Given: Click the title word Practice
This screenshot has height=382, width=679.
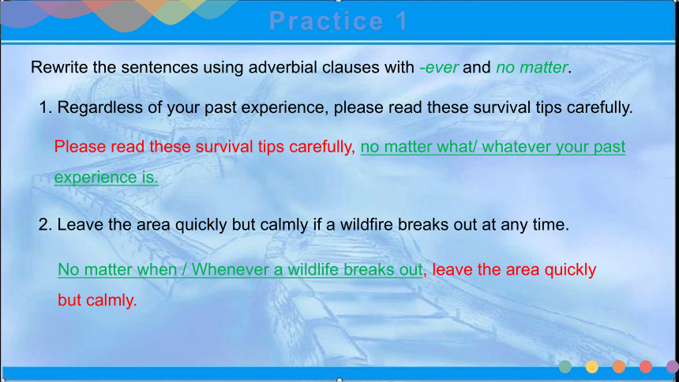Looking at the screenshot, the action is tap(326, 21).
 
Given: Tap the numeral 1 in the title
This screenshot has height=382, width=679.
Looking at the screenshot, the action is tap(402, 21).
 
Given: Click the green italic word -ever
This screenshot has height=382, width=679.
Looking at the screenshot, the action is tap(439, 67).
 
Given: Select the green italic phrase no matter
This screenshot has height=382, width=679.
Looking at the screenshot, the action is tap(532, 67).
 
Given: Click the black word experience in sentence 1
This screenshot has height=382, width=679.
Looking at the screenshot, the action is tap(283, 108).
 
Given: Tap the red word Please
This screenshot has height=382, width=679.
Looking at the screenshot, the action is tap(80, 146).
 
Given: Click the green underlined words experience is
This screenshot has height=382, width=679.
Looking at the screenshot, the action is tap(106, 178).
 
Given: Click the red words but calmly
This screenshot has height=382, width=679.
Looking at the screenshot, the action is tap(97, 300).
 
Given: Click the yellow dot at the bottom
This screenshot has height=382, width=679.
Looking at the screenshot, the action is tap(592, 367).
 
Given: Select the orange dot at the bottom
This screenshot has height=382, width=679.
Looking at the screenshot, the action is tap(619, 367).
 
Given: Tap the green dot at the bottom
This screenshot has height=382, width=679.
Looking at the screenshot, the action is tap(565, 367).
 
